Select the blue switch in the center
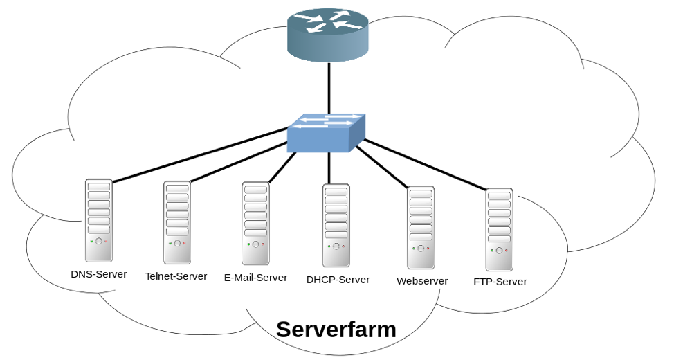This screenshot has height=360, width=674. pos(326,133)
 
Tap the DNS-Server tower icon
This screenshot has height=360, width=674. pos(99,220)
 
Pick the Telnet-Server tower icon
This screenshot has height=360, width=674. pos(177,222)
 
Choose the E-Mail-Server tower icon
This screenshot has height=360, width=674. pos(255,223)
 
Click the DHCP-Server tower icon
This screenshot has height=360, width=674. pos(336,225)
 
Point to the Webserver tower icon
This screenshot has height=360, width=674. pos(421,227)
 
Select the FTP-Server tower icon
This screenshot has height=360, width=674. pos(499,229)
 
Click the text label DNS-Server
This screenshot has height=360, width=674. pos(99,274)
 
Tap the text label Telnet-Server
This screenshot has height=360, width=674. pos(176,276)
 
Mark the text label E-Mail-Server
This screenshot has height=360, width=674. pos(255,278)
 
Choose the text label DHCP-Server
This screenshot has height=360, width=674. pos(338,280)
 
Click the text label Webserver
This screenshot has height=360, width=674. pos(422,281)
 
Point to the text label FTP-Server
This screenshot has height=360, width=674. pos(500,282)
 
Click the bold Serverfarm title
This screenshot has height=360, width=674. pos(336,330)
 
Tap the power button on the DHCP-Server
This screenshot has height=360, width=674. pos(336,246)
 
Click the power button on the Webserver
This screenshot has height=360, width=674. pos(421,249)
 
